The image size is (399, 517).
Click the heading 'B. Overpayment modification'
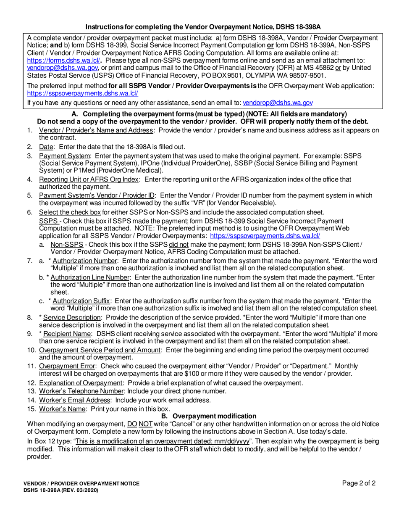(208, 416)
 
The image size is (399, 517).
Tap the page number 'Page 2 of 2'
(359, 483)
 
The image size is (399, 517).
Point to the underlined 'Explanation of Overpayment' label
(81, 382)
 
